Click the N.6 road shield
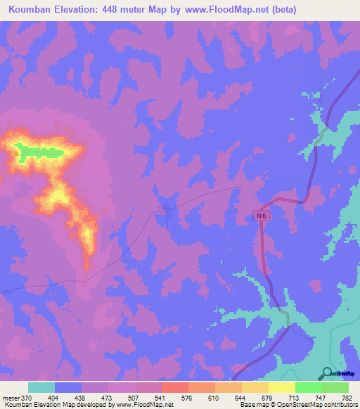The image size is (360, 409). (261, 217)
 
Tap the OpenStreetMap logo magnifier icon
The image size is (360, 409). (328, 373)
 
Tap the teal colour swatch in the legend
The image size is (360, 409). (41, 387)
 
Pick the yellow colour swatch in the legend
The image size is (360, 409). (281, 387)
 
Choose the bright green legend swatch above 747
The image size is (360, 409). (308, 387)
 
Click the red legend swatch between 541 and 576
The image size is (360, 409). (174, 387)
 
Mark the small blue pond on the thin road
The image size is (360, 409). (165, 214)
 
